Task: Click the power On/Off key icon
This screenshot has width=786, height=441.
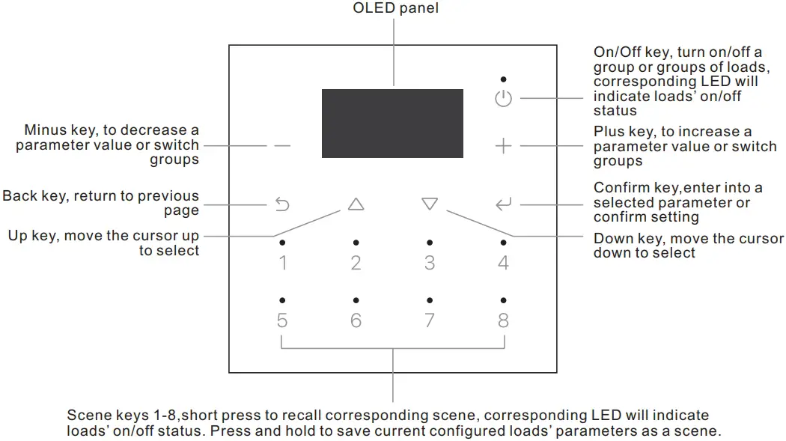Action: pos(503,98)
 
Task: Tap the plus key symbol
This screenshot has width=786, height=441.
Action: pos(503,146)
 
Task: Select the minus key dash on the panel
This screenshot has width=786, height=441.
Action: pos(282,146)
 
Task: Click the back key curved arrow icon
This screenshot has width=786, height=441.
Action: pos(282,204)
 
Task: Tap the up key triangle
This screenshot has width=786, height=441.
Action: pos(356,204)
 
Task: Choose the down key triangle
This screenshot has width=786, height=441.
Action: pos(430,204)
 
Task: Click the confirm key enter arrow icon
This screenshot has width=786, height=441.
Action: pos(503,204)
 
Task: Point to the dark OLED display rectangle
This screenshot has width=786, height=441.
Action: pos(392,124)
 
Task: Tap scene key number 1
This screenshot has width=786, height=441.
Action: pos(283,263)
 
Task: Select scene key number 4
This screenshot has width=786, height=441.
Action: pos(503,263)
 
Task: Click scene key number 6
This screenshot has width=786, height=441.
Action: pos(356,320)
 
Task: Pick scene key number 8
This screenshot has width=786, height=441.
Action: pos(503,320)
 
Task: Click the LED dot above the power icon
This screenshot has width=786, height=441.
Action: pos(503,79)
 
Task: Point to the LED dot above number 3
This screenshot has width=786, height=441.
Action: pos(430,243)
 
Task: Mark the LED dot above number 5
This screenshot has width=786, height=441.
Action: pos(282,300)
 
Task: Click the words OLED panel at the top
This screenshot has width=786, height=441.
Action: pos(395,8)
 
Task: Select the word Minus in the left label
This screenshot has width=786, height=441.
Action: pos(45,130)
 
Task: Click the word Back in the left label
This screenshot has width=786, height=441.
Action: pos(19,195)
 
